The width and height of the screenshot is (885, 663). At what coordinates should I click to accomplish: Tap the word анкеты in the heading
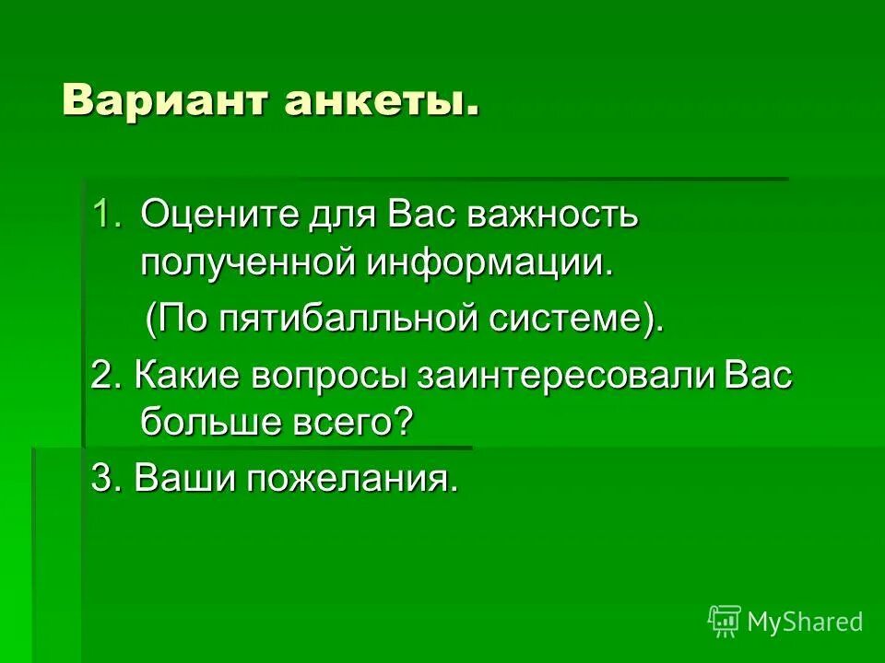point(382,99)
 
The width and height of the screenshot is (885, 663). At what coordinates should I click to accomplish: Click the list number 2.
point(103,377)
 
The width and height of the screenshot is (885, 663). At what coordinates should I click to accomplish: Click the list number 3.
point(103,478)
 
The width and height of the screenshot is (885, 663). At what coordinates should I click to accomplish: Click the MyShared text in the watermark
point(805,622)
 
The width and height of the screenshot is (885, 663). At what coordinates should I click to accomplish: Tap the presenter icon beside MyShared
point(725,621)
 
